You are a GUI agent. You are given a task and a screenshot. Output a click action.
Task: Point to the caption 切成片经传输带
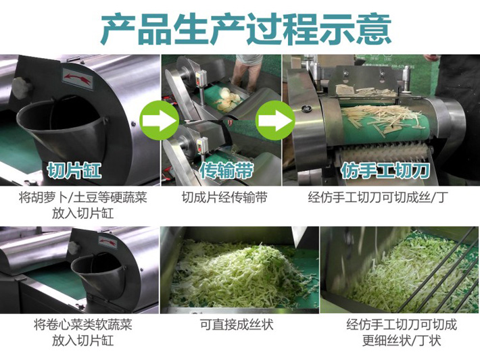click(x=224, y=198)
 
